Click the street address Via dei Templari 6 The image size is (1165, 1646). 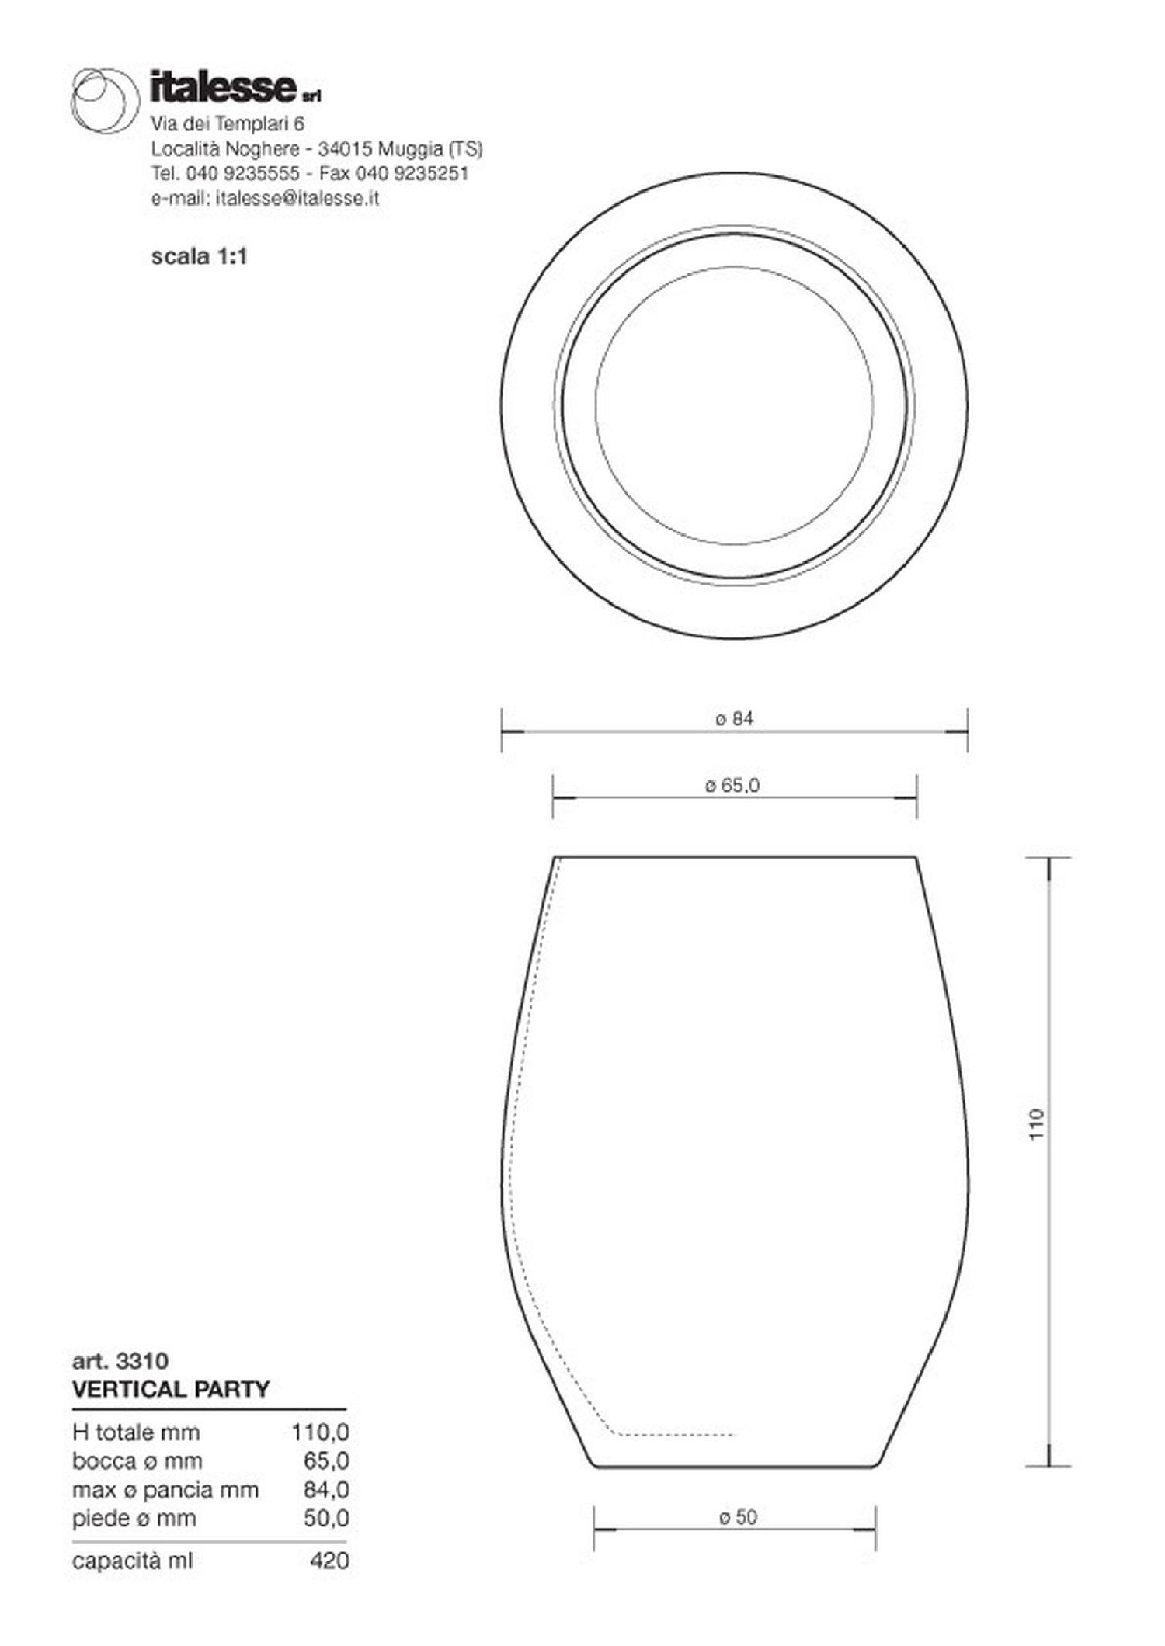[228, 123]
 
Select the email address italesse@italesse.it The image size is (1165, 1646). [298, 198]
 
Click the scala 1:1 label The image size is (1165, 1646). [199, 256]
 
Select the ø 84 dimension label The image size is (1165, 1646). [734, 719]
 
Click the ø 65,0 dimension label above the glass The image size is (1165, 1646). [732, 786]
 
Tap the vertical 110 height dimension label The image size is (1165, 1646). [1038, 1124]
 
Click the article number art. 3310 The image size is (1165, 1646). [120, 1361]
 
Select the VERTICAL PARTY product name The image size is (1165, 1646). [171, 1389]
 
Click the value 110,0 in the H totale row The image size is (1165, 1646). [320, 1432]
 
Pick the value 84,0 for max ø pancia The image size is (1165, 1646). [326, 1490]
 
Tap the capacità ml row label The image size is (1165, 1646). [132, 1561]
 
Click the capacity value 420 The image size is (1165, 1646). [329, 1561]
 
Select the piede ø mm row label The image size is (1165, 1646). [134, 1518]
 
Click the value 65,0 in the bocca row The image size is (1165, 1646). [326, 1460]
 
